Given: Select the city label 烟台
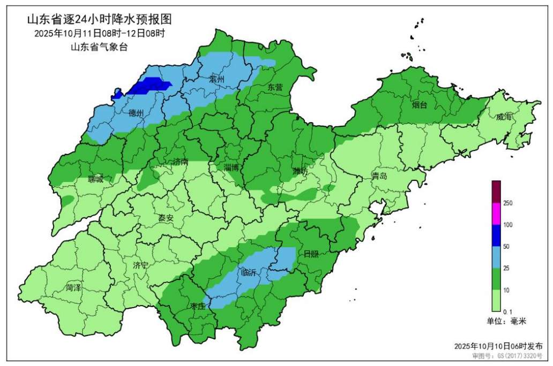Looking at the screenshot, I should coord(420,105).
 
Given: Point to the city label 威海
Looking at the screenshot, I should coord(504,117).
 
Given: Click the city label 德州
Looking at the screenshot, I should coord(136,113).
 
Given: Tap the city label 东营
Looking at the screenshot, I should coord(275,87).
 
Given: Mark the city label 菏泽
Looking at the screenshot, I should coord(73,288).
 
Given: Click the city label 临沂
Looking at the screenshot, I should coord(249,273).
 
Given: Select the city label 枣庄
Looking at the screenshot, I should coord(197,307).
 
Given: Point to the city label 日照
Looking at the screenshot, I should coord(311,254).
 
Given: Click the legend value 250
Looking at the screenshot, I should coord(509,203).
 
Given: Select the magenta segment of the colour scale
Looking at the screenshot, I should coord(496,214).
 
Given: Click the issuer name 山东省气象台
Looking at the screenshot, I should coord(99,47).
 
